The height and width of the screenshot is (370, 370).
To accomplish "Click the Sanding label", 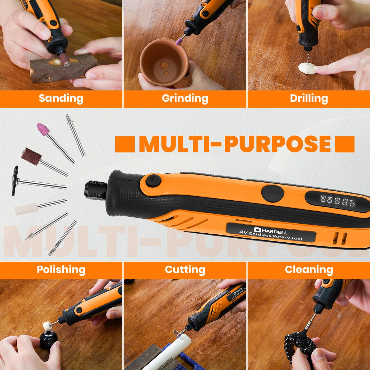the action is coord(61,99).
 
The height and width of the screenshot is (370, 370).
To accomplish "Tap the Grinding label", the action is coord(185,99).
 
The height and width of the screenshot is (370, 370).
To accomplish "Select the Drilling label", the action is coord(309,99).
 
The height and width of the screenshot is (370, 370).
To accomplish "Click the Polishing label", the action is coord(61,270).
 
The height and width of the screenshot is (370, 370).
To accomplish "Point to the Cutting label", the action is coord(185,270).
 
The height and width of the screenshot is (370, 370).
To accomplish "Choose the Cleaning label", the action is coord(309,269).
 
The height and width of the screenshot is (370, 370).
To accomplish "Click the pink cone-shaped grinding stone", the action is coord(43,129).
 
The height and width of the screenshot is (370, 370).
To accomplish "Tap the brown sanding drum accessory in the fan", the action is coord(31,156).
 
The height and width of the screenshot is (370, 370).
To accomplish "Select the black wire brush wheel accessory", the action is coord(15,181).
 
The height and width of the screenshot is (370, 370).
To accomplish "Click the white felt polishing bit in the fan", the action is coord(26,209).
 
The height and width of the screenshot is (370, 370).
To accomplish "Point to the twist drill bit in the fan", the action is coord(63,238).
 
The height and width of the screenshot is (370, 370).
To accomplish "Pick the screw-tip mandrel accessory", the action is coord(76,135).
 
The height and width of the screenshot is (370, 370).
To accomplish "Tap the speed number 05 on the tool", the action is coord(323,199).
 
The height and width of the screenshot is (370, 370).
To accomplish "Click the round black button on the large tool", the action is coord(273,193).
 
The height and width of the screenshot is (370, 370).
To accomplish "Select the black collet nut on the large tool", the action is coord(96,190).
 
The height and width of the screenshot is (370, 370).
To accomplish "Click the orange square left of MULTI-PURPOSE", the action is coord(125,144).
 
